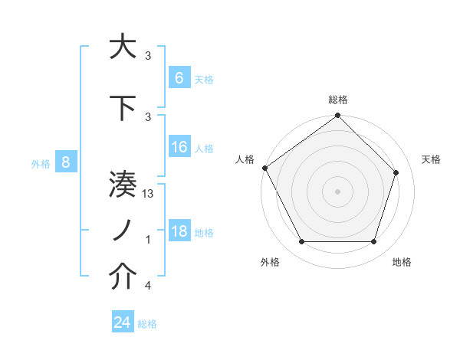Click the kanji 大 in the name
[123, 47]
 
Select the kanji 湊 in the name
[123, 185]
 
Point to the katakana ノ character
[123, 231]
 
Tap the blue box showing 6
[179, 77]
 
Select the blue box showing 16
[179, 147]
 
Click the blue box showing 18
[179, 231]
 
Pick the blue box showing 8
[66, 162]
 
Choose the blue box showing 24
[123, 322]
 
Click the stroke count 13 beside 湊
[149, 195]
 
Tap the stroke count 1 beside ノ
[147, 241]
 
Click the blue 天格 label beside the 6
[204, 79]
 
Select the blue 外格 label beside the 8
[41, 163]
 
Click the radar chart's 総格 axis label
[337, 100]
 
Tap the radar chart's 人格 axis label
[245, 159]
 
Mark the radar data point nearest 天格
[396, 172]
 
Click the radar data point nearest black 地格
[373, 242]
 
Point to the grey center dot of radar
[337, 191]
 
